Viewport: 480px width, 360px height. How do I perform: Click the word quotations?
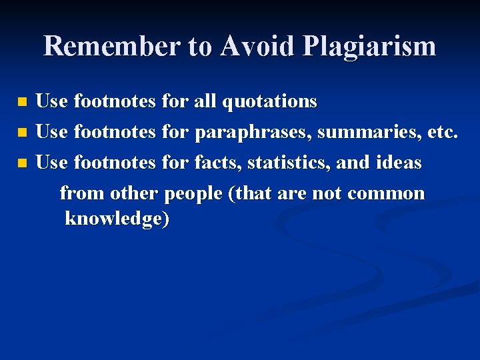coord(269,102)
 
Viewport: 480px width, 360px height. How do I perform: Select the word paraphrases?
coord(253,133)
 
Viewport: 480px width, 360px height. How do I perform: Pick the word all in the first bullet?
coord(205,101)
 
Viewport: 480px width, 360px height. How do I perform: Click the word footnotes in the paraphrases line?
coord(115,132)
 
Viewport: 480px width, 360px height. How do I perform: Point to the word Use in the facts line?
coord(51,163)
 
